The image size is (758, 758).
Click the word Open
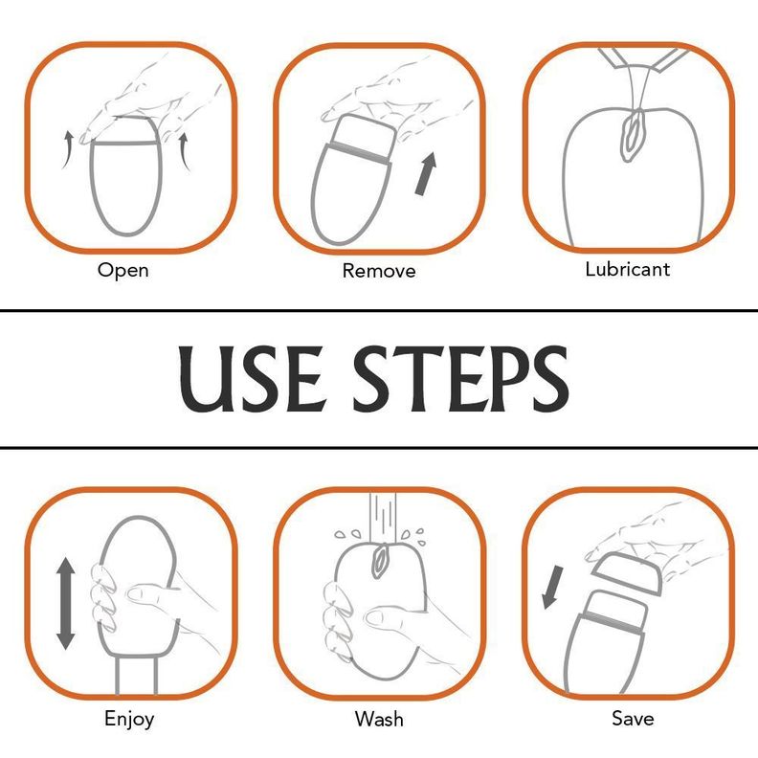pyautogui.click(x=123, y=270)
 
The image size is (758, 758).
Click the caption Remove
pyautogui.click(x=378, y=271)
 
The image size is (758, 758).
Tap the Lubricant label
pyautogui.click(x=628, y=269)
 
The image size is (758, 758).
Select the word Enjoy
pyautogui.click(x=129, y=719)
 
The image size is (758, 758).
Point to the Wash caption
pyautogui.click(x=379, y=719)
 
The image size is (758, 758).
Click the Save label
pyautogui.click(x=633, y=718)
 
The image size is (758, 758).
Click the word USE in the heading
pyautogui.click(x=250, y=378)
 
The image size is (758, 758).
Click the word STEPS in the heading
pyautogui.click(x=460, y=378)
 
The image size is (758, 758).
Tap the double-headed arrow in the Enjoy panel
pyautogui.click(x=66, y=603)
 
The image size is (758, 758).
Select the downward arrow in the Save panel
pyautogui.click(x=552, y=588)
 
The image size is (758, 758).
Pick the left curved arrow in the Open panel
pyautogui.click(x=68, y=149)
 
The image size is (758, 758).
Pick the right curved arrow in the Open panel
pyautogui.click(x=184, y=152)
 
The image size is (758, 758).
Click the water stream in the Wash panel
pyautogui.click(x=383, y=517)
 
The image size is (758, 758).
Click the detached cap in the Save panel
pyautogui.click(x=626, y=573)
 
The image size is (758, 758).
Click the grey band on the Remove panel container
pyautogui.click(x=361, y=153)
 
